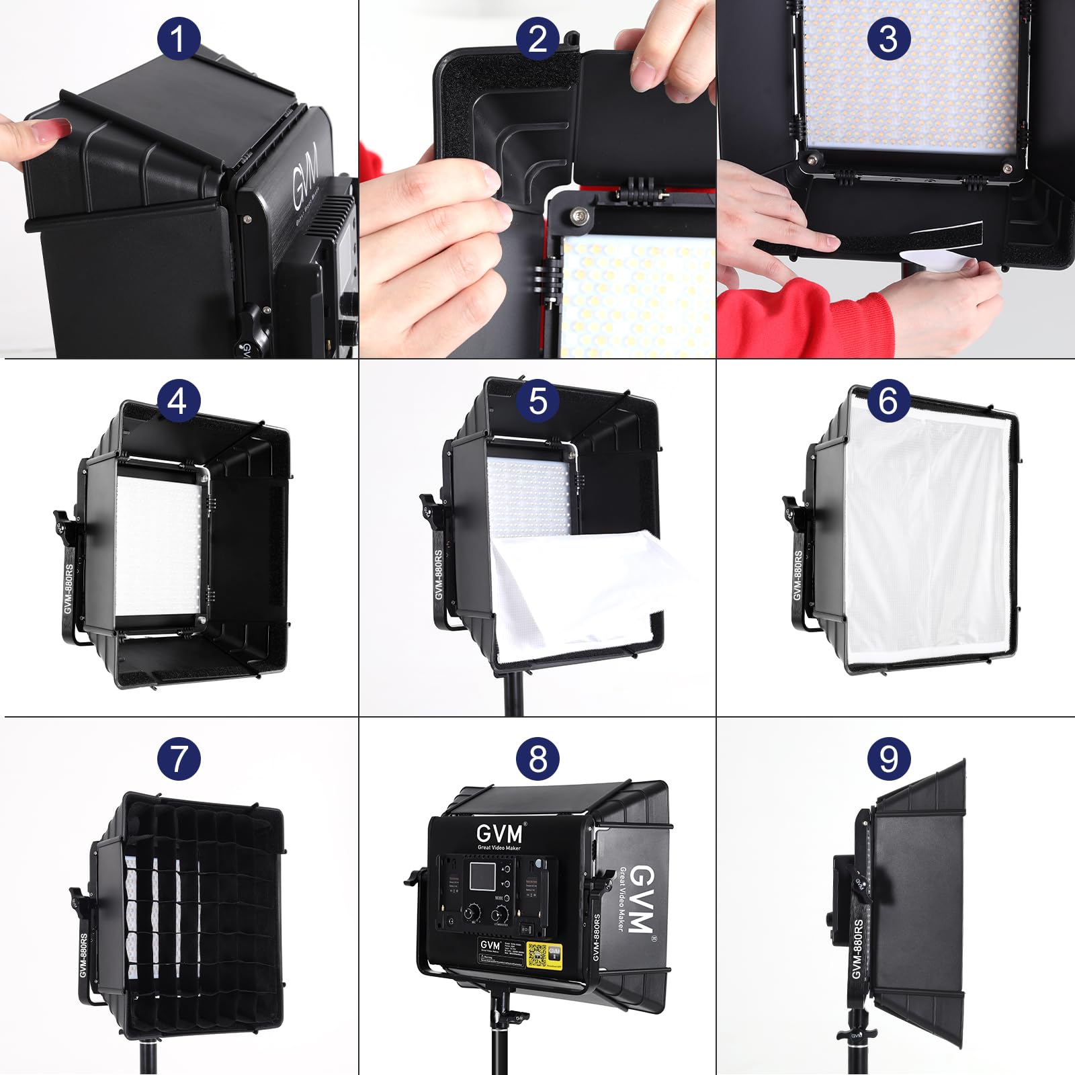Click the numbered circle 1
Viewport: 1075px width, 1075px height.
pos(178,38)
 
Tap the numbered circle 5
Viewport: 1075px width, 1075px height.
pos(537,401)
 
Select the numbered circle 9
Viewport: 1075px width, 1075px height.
pos(888,759)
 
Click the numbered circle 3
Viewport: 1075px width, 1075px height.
pos(888,38)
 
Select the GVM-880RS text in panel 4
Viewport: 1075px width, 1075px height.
pos(69,587)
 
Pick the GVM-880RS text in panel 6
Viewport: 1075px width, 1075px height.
pos(798,575)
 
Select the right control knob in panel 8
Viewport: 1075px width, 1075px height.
pos(500,914)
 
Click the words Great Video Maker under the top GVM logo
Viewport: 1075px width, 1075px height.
pos(499,848)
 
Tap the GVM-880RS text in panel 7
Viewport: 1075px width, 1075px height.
pos(83,955)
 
